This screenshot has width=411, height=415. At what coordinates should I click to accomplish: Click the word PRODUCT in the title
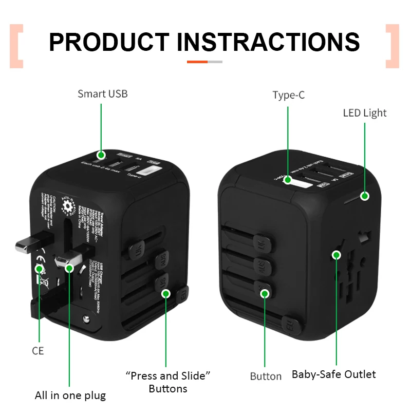109,42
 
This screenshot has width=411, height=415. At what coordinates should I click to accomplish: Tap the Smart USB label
102,94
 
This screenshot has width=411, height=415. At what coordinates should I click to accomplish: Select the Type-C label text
288,96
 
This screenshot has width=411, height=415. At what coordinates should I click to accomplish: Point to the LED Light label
365,113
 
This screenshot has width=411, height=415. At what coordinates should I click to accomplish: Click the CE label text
38,351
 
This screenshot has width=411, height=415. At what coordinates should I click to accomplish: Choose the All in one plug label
70,395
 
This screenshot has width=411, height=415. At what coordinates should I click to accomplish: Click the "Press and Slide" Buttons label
169,382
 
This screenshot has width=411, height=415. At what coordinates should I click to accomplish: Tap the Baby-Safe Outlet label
334,374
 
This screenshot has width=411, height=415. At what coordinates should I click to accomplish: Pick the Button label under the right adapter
266,376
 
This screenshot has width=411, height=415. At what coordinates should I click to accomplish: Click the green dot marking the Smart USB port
101,154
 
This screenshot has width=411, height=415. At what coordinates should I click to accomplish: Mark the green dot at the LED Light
365,196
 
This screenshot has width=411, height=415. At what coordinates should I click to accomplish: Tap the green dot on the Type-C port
288,180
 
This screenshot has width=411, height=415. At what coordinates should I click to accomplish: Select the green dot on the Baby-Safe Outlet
336,254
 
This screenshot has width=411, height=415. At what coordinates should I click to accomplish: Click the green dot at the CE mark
39,268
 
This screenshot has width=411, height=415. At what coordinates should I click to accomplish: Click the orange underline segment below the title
197,62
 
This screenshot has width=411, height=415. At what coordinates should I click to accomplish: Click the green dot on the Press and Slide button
166,293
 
